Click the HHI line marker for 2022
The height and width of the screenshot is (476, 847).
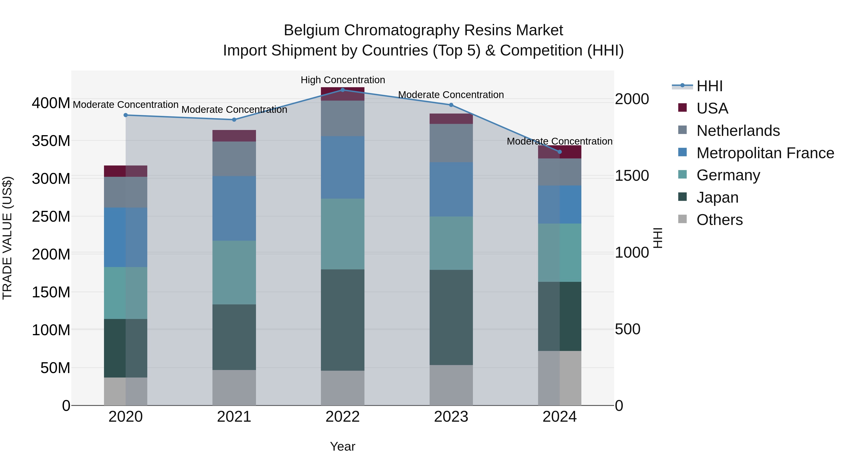click(x=342, y=90)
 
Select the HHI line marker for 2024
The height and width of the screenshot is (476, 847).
click(x=560, y=152)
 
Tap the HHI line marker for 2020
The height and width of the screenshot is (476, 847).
click(x=126, y=115)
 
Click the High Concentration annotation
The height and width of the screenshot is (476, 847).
click(x=343, y=80)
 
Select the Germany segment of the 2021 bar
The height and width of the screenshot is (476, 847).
click(x=234, y=272)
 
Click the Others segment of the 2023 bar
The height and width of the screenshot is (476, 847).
click(x=451, y=385)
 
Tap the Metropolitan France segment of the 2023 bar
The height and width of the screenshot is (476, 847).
click(x=451, y=189)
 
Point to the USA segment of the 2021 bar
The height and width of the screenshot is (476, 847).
click(x=234, y=136)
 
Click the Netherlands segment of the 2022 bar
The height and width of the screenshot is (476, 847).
click(x=342, y=118)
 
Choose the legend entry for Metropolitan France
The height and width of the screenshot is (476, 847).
click(x=765, y=153)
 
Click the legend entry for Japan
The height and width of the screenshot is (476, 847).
click(x=717, y=197)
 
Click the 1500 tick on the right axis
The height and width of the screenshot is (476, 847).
click(x=632, y=176)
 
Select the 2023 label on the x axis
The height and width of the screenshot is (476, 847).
click(x=451, y=417)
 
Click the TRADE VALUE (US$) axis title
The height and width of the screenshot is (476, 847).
click(x=7, y=238)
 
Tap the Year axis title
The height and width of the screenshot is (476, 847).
click(x=342, y=446)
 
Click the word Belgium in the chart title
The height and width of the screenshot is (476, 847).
click(x=311, y=30)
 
